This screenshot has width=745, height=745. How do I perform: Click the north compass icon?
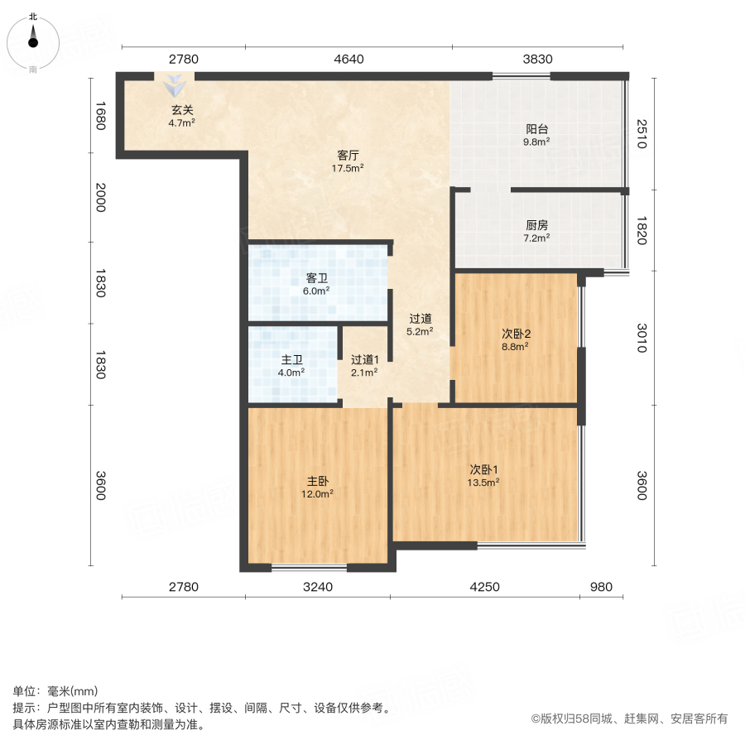pos(33,40)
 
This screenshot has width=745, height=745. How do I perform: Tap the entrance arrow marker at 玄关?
pos(175,84)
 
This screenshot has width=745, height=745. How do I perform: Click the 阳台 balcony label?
pos(537,129)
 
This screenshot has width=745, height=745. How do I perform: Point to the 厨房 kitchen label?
pos(537,225)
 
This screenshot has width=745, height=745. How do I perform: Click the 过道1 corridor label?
pos(364,360)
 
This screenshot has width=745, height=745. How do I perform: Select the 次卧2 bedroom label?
pos(516,334)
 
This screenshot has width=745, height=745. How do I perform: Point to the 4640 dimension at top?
pos(348,59)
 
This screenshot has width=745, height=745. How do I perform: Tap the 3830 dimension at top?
pos(537,59)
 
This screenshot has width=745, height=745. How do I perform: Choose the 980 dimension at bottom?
pos(601,588)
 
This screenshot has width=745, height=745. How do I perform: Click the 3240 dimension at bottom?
pos(318,588)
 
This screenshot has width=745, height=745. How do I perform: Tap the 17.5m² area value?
pos(348,167)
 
